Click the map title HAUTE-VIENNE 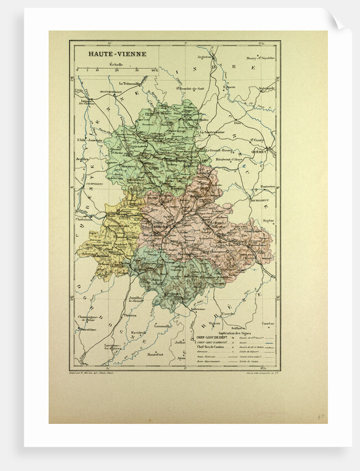pos(107,55)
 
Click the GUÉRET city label pos(259,150)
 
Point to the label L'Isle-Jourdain pos(89,140)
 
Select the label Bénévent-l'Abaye pos(230,159)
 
